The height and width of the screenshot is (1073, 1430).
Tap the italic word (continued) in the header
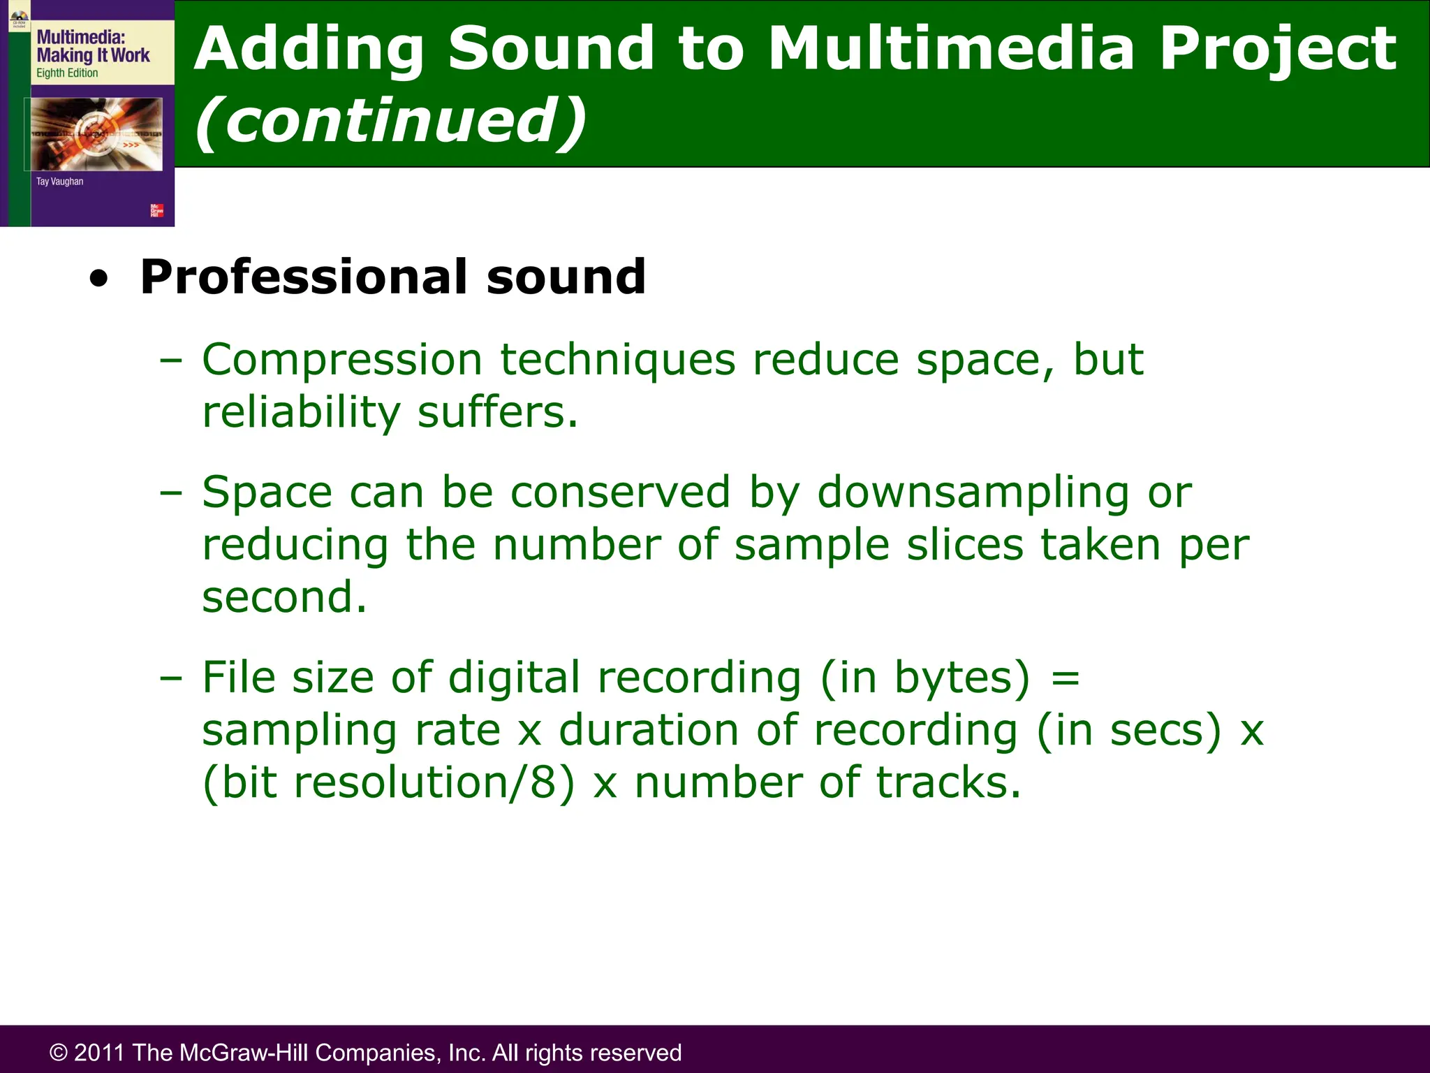pos(390,121)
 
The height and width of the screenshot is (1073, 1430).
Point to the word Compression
pos(342,360)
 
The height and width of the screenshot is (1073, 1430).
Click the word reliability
pos(301,412)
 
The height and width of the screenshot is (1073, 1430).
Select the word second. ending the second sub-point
pos(284,598)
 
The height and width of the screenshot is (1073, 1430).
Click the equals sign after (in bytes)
pos(1065,678)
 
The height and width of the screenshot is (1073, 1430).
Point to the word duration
pos(649,731)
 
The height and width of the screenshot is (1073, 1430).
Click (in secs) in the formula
pos(1129,731)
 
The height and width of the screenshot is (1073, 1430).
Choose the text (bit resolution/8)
pos(389,782)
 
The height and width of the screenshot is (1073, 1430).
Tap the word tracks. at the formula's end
pos(948,782)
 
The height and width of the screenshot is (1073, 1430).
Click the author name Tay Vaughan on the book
pos(59,182)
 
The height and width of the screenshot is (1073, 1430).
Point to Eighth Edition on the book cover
pos(67,73)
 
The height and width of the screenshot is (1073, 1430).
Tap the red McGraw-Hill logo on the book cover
pos(157,210)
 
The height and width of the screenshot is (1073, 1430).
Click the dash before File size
pos(170,678)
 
